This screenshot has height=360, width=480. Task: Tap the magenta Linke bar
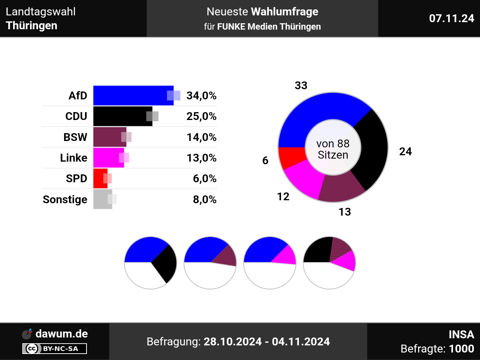[107, 158]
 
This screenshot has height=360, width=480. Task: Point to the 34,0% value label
[201, 96]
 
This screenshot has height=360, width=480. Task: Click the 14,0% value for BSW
[201, 137]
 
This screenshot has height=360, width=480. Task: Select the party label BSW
[75, 137]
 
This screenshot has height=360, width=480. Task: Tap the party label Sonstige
[65, 199]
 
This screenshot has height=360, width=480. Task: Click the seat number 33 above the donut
[301, 85]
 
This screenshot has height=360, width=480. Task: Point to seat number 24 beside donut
[405, 151]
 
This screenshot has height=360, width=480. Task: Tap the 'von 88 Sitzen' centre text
[333, 149]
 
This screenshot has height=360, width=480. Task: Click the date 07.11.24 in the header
[451, 18]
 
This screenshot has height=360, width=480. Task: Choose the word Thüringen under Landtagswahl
[31, 25]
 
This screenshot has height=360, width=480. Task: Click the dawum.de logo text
[61, 334]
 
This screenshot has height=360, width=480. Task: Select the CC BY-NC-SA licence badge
[55, 349]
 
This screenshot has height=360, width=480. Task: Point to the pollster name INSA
[461, 334]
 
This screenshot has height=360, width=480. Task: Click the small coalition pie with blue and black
[150, 262]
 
